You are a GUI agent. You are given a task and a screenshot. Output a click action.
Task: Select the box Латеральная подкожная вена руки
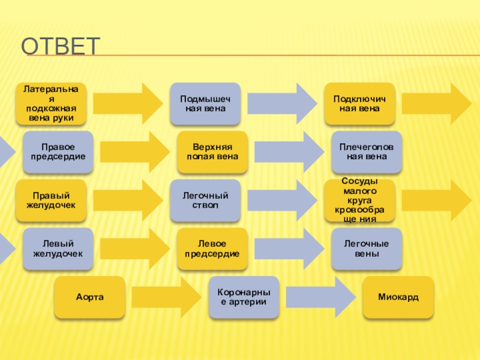51,103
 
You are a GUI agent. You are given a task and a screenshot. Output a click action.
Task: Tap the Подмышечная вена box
205,103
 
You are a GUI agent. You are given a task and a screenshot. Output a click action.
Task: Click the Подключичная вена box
360,103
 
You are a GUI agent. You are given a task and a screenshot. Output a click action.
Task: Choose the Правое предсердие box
58,151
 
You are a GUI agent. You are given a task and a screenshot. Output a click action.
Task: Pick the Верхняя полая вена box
212,151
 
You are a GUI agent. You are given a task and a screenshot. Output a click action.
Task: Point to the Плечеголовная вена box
367,151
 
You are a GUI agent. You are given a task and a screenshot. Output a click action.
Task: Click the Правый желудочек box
51,200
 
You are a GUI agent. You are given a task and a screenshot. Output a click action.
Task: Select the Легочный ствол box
205,200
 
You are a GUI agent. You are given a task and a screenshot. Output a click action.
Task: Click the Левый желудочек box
58,248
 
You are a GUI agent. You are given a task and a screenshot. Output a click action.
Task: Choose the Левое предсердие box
212,248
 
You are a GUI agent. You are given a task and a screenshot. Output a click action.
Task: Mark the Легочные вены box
367,248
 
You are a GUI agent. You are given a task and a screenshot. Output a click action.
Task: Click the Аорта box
90,297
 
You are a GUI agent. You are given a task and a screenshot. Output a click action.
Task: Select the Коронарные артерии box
244,297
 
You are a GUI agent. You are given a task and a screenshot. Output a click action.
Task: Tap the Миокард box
398,297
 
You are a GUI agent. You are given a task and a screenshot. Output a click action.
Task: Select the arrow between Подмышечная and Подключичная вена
283,103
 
